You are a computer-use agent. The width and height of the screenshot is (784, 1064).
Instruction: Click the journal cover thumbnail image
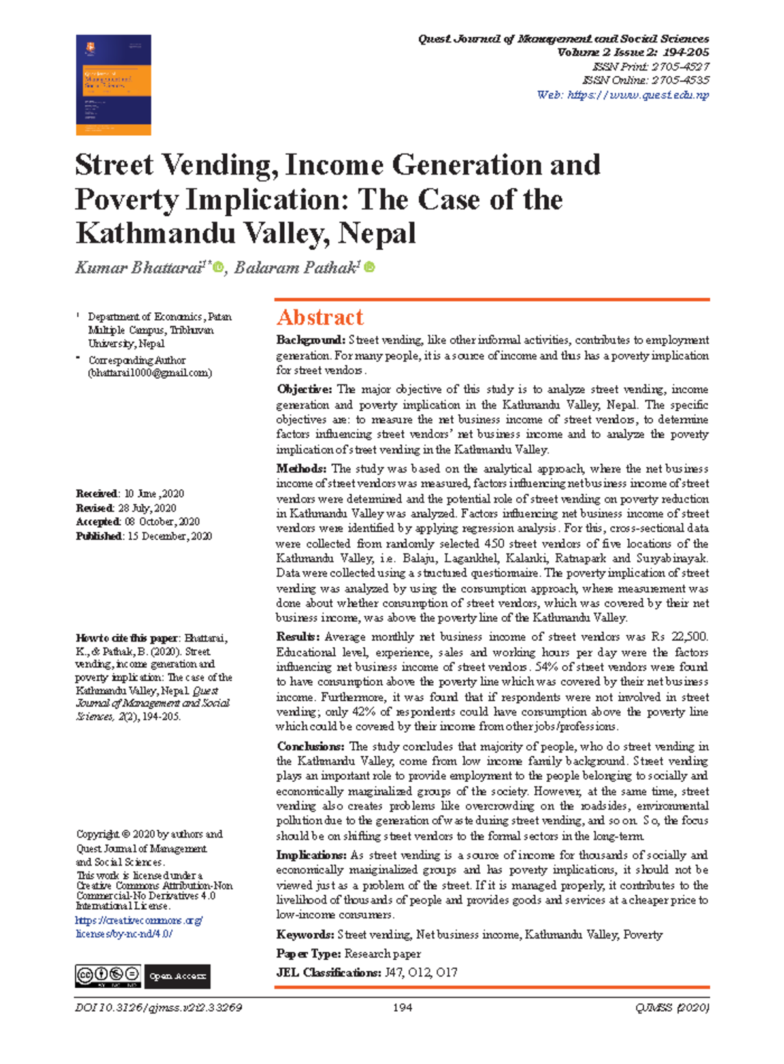(113, 85)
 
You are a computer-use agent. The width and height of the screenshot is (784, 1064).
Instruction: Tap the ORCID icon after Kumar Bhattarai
(218, 268)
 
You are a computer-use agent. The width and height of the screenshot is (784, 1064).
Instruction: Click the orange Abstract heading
(319, 317)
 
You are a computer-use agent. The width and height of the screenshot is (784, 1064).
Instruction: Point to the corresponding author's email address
(150, 373)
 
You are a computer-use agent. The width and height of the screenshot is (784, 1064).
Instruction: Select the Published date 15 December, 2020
(169, 536)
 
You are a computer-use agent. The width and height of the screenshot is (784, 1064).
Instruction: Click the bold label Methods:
(301, 468)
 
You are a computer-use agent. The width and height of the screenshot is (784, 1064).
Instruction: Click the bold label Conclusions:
(310, 746)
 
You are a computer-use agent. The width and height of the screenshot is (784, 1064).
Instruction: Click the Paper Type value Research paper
(382, 954)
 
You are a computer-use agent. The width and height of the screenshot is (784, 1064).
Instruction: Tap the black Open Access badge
(177, 976)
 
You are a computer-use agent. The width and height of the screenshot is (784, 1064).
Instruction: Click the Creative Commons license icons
(108, 976)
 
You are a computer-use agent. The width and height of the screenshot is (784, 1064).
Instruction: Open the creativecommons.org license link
(139, 920)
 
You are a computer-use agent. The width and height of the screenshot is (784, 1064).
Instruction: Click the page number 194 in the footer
(402, 1008)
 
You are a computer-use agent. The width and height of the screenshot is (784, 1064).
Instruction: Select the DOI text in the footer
(159, 1008)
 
